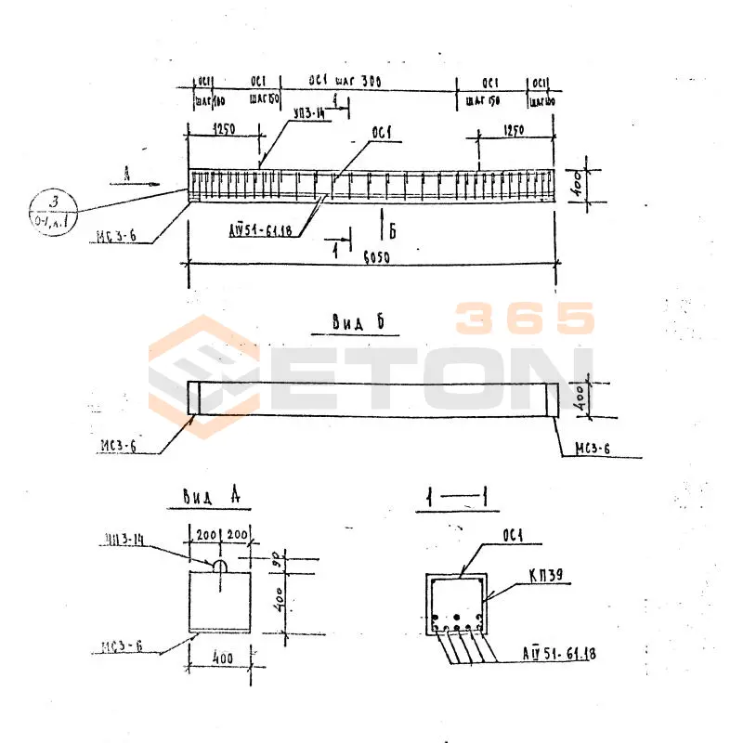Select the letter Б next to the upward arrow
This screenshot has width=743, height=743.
[393, 233]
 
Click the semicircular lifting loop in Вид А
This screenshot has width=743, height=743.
[220, 564]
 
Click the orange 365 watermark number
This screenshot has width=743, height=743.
[525, 319]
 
